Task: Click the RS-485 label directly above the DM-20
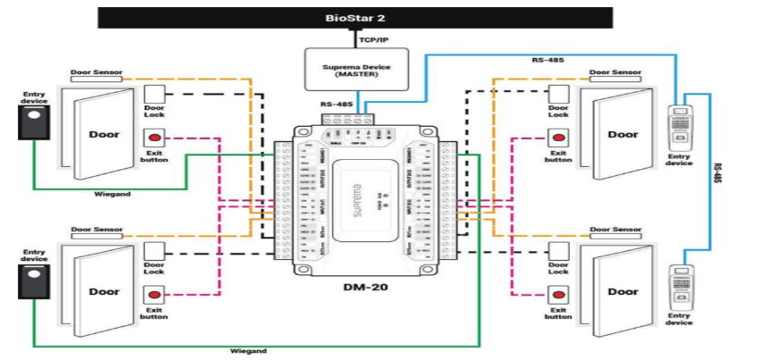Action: pos(336,105)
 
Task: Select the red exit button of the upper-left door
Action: pos(155,138)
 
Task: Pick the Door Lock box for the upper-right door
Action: pos(558,94)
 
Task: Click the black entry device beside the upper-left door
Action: pos(34,122)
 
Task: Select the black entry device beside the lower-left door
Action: pos(34,279)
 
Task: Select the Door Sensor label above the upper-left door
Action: pos(96,72)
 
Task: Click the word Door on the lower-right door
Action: pos(622,291)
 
